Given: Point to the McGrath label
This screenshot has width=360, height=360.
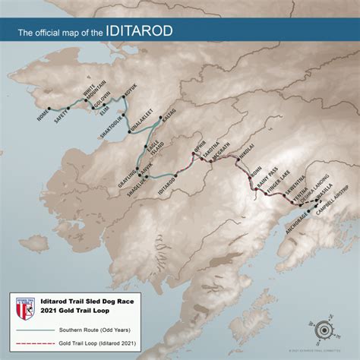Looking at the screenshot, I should pos(219,154).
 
